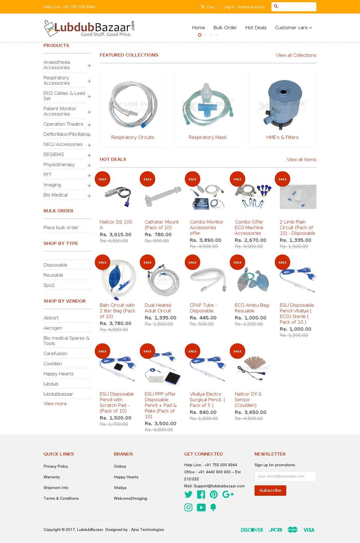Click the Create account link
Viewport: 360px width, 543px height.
click(x=250, y=7)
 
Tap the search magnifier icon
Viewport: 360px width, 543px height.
click(x=276, y=6)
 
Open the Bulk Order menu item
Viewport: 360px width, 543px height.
click(x=225, y=28)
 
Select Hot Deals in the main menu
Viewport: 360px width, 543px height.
click(x=256, y=28)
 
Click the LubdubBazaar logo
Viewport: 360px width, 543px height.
click(x=89, y=28)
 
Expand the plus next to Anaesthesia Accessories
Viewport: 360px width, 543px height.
click(x=89, y=66)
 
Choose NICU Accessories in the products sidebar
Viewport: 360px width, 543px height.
click(x=63, y=144)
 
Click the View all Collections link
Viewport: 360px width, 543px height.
click(x=296, y=55)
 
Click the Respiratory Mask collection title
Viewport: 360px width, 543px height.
click(x=207, y=137)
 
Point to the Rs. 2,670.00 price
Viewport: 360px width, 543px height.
click(x=250, y=240)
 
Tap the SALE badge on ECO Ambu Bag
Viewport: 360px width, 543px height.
click(x=237, y=262)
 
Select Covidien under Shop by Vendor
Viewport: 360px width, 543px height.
click(x=53, y=364)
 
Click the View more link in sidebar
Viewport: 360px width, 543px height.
click(x=55, y=404)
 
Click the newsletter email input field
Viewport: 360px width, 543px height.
click(x=285, y=476)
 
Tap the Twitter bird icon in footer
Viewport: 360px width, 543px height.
click(x=188, y=495)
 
